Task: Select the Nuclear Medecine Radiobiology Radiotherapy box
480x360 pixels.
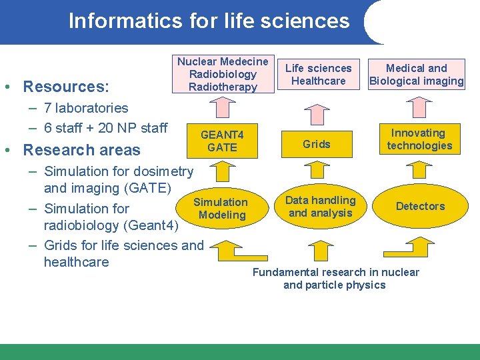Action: click(223, 74)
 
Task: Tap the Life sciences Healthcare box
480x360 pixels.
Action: click(318, 75)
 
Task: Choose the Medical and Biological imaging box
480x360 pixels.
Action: click(417, 75)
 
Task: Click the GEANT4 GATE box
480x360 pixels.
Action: click(222, 141)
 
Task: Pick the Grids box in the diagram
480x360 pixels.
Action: click(317, 143)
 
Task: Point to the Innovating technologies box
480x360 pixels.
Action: click(419, 139)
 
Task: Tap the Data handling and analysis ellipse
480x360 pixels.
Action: click(321, 207)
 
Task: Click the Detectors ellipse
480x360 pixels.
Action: click(420, 206)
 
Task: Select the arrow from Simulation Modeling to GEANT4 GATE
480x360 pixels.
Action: click(222, 173)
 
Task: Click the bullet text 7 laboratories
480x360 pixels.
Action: click(86, 108)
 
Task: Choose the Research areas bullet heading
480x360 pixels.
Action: click(82, 150)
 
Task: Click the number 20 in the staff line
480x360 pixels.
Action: click(105, 128)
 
